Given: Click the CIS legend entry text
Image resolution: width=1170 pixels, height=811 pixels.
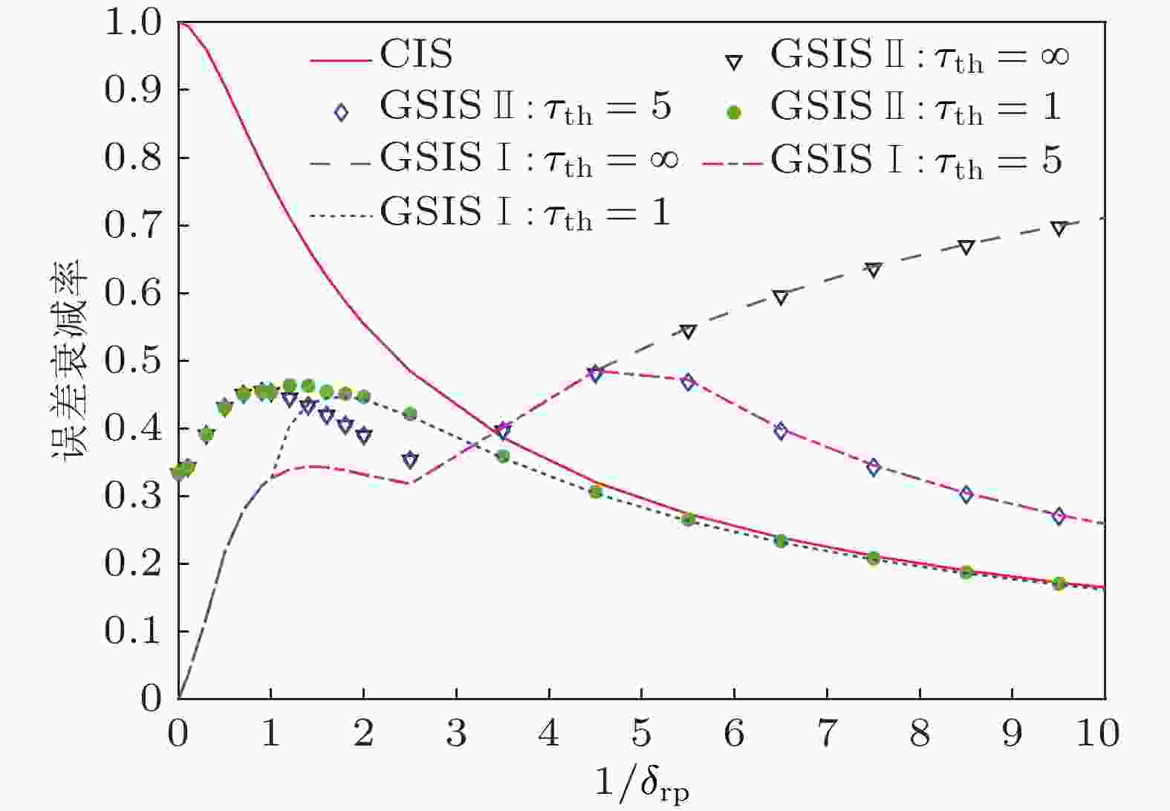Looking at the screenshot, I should click(x=416, y=54).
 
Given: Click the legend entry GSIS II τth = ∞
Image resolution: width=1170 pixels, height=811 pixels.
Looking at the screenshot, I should click(x=920, y=55).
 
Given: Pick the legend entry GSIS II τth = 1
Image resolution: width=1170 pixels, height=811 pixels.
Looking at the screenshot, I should click(x=915, y=107).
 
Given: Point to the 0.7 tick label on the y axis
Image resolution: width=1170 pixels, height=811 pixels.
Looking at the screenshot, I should click(x=134, y=225).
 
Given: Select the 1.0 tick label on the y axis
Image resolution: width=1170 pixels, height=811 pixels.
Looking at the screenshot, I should click(x=134, y=22).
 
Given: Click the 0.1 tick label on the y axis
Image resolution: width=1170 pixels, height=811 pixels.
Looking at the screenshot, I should click(x=134, y=631).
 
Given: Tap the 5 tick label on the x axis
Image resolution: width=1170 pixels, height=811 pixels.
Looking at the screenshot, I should click(x=642, y=734).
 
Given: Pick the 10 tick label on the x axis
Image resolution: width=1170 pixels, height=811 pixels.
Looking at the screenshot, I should click(x=1097, y=734).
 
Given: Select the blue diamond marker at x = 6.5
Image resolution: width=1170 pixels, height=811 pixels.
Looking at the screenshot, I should click(x=781, y=431).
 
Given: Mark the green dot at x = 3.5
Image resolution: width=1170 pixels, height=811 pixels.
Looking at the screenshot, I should click(x=503, y=456).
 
